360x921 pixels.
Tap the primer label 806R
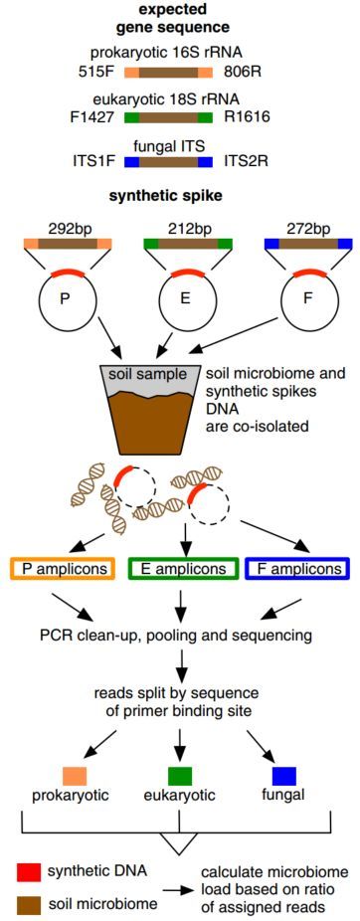pos(243,72)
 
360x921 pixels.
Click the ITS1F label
pos(93,161)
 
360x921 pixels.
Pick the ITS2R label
pos(246,161)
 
